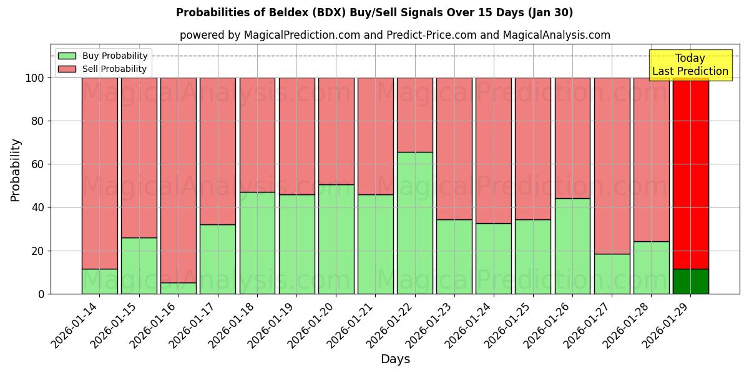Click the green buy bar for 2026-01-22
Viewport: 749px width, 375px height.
click(414, 222)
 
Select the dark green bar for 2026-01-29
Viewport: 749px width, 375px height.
click(690, 281)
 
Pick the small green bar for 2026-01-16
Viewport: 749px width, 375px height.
click(179, 288)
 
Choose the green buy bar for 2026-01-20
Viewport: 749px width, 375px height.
click(336, 239)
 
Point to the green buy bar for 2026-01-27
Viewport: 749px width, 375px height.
click(612, 274)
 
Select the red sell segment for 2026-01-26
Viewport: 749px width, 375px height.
click(572, 137)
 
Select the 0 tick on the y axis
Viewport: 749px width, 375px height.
click(41, 294)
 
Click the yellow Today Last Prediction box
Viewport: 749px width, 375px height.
click(690, 65)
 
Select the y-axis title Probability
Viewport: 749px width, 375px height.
click(16, 170)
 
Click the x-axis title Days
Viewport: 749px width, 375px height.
click(395, 359)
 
